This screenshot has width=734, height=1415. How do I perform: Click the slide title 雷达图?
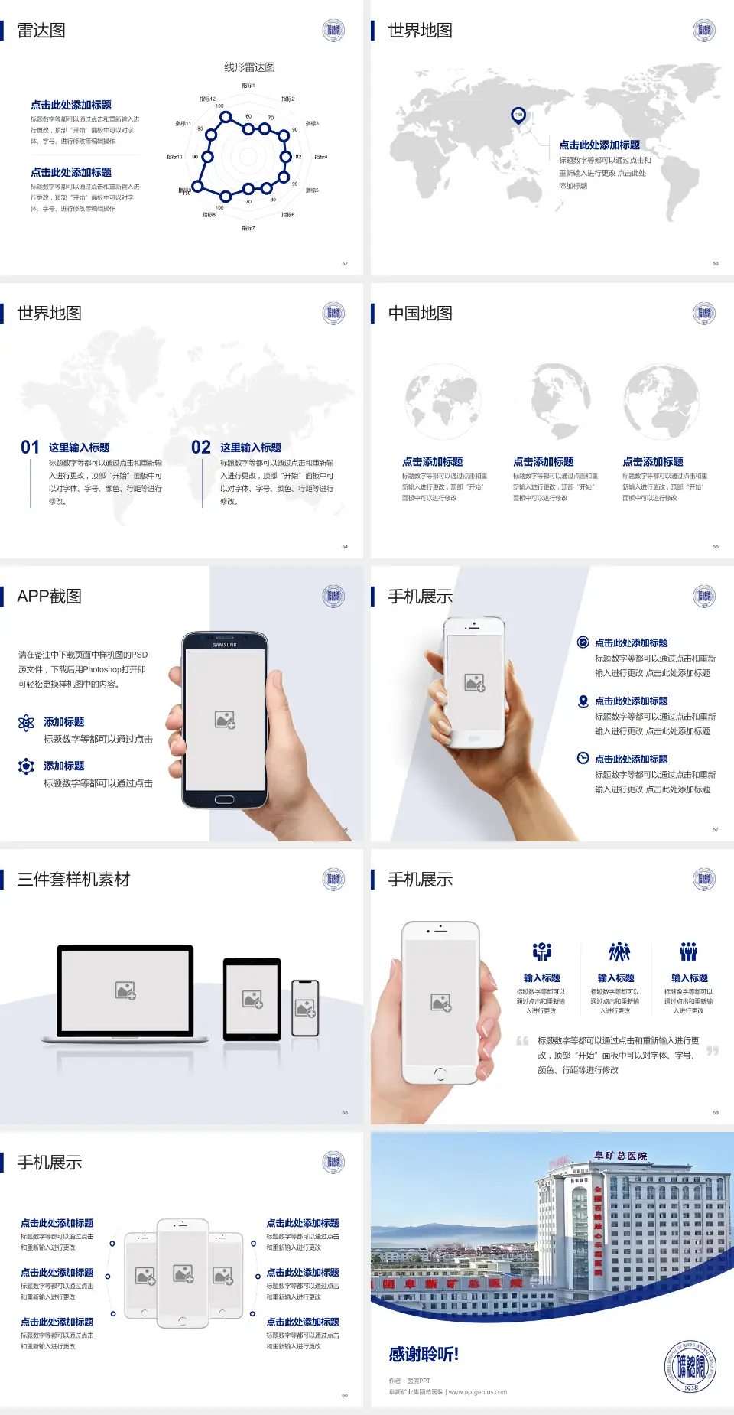point(41,31)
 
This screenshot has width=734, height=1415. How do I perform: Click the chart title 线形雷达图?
point(249,67)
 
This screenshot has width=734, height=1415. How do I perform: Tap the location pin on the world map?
point(518,115)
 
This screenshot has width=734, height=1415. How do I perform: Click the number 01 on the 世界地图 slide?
point(30,447)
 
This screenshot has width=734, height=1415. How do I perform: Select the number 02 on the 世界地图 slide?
point(201,447)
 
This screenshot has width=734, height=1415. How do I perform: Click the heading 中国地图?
point(420,314)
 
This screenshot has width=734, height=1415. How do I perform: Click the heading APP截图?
point(49,597)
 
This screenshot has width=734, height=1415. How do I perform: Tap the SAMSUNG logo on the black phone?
point(225,645)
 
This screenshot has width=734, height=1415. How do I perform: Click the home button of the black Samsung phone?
point(224,799)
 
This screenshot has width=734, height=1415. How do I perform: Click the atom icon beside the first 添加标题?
point(26,723)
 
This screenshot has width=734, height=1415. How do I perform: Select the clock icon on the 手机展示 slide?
point(583,758)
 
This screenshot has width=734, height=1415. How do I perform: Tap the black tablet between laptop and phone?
point(252,998)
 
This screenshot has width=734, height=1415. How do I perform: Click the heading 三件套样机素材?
point(73,880)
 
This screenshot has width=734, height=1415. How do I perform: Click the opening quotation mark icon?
point(522,1041)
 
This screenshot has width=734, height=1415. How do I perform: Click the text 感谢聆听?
point(424,1355)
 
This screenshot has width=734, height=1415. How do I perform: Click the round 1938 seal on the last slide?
point(690,1366)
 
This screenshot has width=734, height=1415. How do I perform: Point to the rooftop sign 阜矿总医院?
point(621,1156)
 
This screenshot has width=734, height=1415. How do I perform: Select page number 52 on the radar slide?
point(345,263)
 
